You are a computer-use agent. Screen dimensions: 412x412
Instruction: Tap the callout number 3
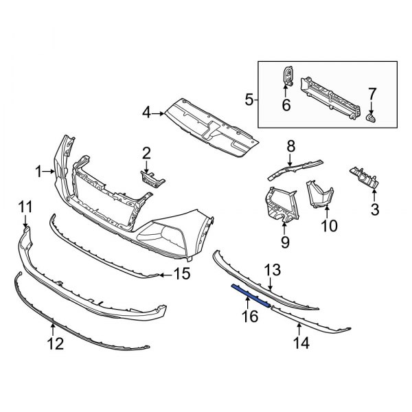tap(375, 208)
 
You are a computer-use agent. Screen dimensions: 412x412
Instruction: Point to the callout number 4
tap(146, 111)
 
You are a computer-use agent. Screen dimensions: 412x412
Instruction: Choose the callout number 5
tap(249, 101)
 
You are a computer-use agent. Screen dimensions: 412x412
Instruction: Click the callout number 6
tap(286, 105)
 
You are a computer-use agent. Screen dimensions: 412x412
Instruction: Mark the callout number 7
tap(372, 93)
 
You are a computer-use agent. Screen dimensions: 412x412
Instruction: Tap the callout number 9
tap(284, 242)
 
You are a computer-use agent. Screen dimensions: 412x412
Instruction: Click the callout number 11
tap(25, 207)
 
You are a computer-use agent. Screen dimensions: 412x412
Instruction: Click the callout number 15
tap(181, 275)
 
